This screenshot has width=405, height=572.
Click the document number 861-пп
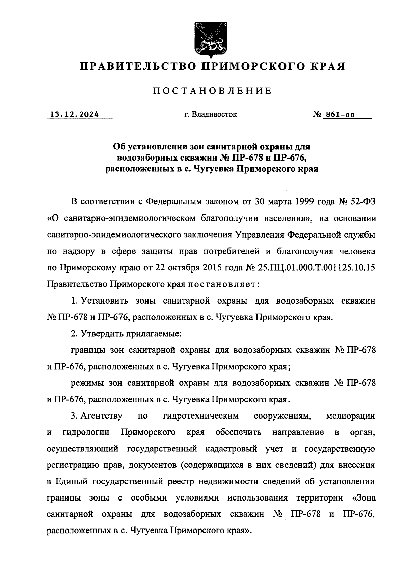click(340, 115)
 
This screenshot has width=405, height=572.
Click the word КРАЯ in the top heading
click(327, 66)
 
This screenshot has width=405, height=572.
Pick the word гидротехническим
click(200, 416)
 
